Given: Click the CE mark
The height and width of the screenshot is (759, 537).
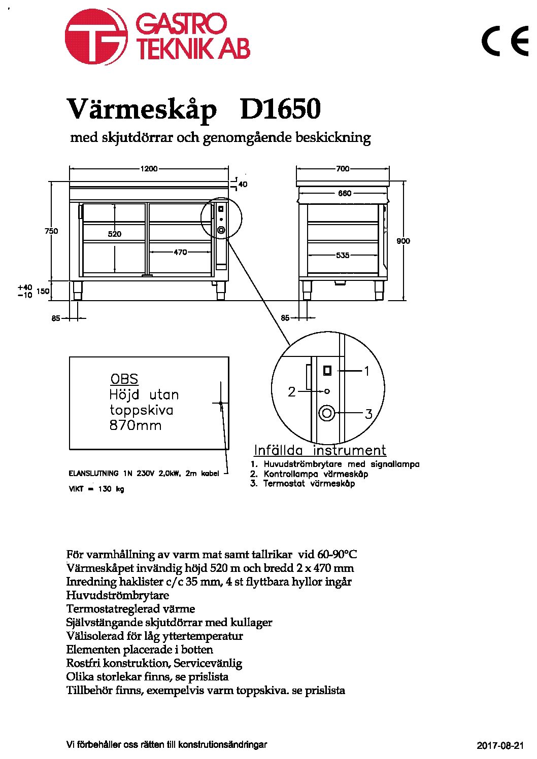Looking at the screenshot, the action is point(505,41).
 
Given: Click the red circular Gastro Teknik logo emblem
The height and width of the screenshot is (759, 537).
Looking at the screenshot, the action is point(96,37).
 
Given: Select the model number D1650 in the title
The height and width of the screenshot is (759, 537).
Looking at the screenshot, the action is point(280,109).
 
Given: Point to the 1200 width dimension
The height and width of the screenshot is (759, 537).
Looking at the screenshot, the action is point(149,168).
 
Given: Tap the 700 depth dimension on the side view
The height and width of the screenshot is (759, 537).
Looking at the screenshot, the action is point(343,168).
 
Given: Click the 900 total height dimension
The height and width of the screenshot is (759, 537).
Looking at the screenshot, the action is point(403,241).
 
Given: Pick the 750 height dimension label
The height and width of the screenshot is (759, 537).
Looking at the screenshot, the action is point(51,231).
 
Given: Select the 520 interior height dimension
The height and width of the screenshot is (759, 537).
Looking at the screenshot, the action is point(115,234).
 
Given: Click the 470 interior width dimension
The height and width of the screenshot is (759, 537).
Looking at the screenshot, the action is point(180,252).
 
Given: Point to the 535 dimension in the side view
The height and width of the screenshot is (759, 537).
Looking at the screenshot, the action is point(343,255).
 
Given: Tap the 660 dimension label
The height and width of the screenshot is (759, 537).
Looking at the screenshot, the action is point(345,193).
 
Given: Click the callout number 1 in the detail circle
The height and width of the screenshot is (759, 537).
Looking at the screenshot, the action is point(366,371).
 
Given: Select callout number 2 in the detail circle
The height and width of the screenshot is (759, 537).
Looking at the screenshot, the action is point(292,392).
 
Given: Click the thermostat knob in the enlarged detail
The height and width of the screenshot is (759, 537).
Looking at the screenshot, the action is point(327,413).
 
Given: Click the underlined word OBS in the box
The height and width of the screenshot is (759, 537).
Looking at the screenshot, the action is point(124,379).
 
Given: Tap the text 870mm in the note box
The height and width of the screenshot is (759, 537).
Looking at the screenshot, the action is point(136,425).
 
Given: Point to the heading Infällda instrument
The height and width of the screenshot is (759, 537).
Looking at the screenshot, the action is point(320,450).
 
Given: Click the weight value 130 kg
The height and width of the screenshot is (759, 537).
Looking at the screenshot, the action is point(111,489).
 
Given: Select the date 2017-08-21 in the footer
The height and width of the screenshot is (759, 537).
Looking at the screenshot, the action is point(500,745).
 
